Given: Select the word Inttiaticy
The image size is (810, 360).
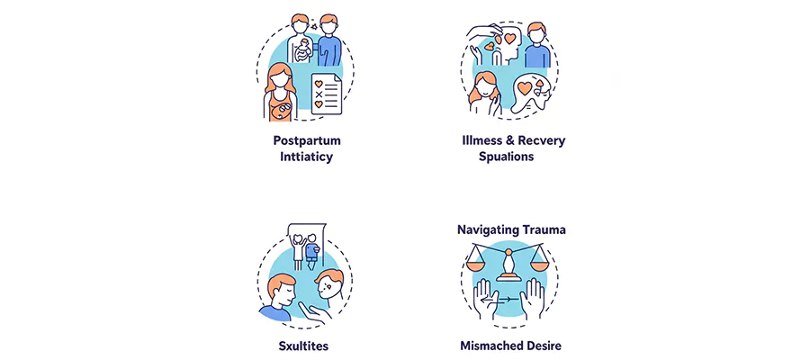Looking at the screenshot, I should (307, 157).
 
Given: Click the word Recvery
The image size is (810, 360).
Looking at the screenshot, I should (544, 141).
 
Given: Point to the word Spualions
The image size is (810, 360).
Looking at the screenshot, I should (507, 157).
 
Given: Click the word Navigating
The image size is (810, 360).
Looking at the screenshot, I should (484, 229).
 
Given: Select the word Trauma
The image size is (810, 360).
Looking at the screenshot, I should (543, 229).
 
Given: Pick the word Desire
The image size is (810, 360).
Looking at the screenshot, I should (551, 345).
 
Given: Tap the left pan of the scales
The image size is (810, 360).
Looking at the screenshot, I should (477, 265).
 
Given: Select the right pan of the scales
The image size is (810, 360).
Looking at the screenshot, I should (540, 265).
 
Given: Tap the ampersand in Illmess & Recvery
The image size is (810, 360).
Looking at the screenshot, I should (513, 141).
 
